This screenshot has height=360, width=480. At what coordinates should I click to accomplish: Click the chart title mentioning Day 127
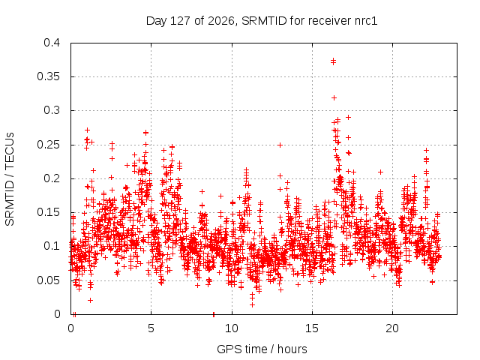point(262,21)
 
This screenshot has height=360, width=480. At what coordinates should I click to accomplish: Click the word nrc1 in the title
point(366,21)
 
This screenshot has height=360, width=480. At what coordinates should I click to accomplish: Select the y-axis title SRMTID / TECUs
point(10,179)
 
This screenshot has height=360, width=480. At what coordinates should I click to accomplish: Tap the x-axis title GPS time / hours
point(262,349)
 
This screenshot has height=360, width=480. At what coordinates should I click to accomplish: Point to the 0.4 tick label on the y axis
point(52,43)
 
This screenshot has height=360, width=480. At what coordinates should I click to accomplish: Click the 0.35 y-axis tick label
point(48,76)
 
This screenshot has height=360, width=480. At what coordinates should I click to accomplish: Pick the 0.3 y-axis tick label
point(52,110)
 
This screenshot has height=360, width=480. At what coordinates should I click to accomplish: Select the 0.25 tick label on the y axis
point(48,145)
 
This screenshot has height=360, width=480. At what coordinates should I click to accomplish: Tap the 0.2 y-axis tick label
point(52,178)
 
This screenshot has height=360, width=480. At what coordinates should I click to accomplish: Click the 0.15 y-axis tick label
point(48,212)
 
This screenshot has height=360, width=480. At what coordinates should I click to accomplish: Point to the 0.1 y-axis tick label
point(52,246)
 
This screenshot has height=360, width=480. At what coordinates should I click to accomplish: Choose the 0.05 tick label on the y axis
point(48,280)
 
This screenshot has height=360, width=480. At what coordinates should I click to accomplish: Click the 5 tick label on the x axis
point(151,328)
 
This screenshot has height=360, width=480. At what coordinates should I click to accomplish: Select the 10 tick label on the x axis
point(232,328)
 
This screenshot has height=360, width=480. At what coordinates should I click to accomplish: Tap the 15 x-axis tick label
point(312,328)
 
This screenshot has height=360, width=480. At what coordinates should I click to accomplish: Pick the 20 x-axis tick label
point(392,328)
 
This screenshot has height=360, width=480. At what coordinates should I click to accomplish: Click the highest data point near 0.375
point(333,61)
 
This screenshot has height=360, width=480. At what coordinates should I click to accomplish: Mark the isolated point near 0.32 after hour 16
point(334,98)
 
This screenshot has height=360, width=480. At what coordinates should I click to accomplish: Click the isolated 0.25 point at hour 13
point(280,145)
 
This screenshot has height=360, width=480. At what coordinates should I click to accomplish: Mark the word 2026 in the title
point(220,21)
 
